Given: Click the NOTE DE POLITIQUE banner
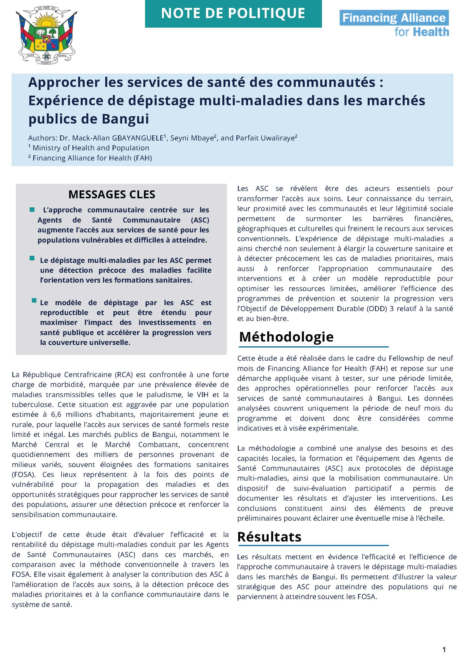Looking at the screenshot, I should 233,14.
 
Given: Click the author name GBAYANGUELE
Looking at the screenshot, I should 137,138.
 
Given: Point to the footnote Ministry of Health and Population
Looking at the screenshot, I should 91,148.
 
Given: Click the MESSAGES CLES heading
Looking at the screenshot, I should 111,195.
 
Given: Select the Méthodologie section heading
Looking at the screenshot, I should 286,336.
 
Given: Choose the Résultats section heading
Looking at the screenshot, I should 269,537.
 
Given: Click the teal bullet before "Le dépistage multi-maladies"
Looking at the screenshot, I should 32,258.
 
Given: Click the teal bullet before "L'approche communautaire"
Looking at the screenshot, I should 32,210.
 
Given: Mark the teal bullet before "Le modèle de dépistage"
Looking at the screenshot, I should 34,301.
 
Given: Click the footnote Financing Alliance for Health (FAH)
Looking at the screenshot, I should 92,158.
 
